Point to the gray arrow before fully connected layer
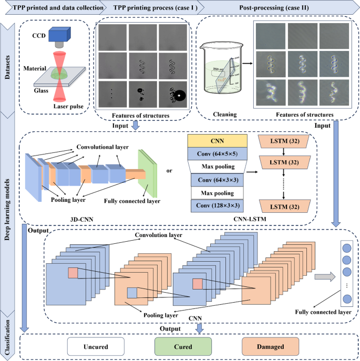[325, 276]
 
